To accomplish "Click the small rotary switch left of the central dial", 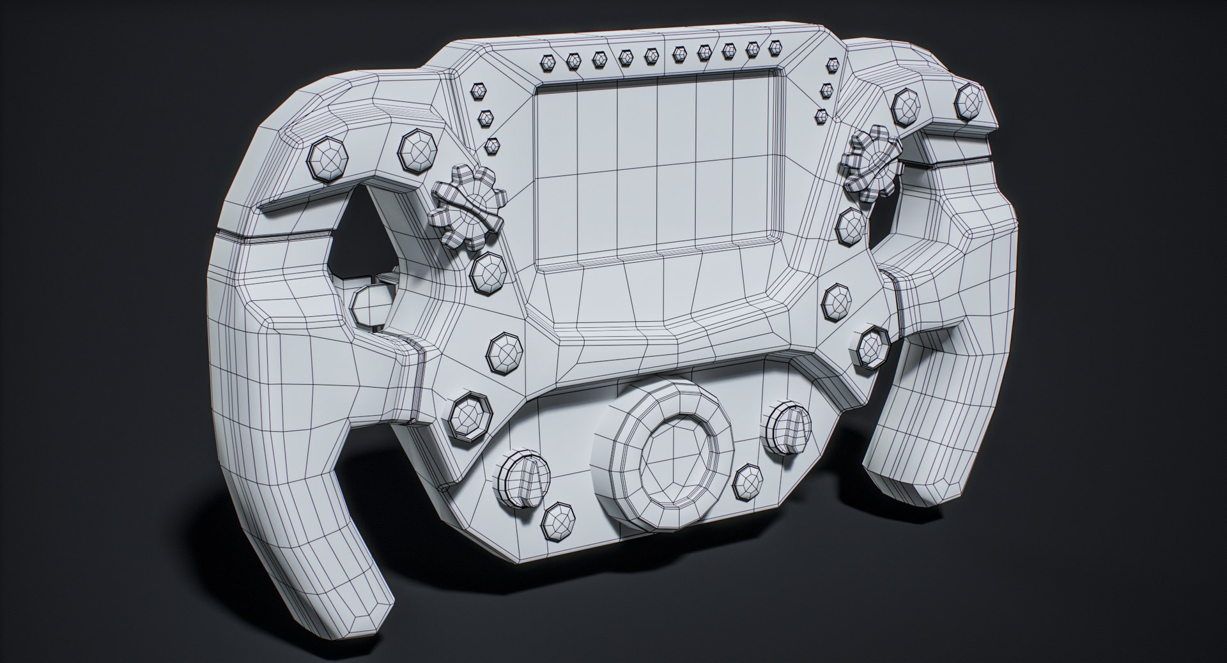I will click(x=523, y=480).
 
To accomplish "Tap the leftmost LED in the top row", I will click(x=548, y=62).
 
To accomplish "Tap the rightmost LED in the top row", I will click(x=775, y=47).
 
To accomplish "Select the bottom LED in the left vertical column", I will click(x=491, y=145).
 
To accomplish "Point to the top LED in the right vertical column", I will click(x=832, y=65).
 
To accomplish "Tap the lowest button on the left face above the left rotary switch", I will click(x=471, y=418).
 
